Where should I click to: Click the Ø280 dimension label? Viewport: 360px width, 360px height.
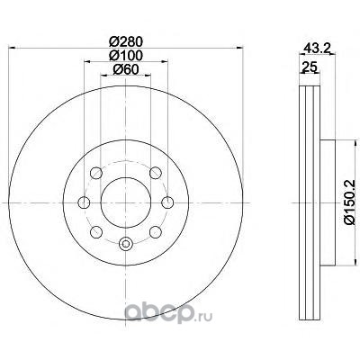(x=126, y=41)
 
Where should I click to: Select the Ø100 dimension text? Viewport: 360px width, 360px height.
(x=126, y=56)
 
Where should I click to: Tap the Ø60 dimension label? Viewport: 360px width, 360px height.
(x=126, y=69)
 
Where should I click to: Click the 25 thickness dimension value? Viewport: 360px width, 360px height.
(x=310, y=67)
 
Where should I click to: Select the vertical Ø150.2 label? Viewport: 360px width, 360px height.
(x=349, y=202)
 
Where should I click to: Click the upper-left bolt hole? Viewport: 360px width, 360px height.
(x=96, y=173)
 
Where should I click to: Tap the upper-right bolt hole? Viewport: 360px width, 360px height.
(x=156, y=173)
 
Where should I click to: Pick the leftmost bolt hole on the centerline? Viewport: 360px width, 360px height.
(x=84, y=202)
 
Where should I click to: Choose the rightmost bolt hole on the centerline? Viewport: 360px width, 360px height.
(x=167, y=202)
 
